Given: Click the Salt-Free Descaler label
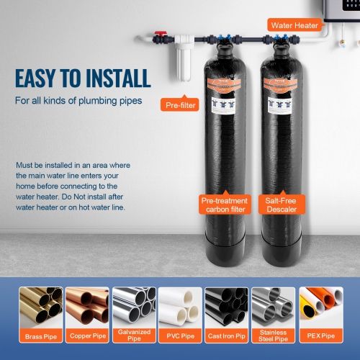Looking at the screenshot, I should (x=282, y=205).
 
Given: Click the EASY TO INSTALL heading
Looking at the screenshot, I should (x=83, y=77).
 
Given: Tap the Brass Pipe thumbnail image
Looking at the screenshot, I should (x=40, y=308).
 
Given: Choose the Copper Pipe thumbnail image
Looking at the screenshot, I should (x=86, y=308).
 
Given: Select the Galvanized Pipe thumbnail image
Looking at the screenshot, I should (x=133, y=308).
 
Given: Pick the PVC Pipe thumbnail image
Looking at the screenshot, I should (x=180, y=308).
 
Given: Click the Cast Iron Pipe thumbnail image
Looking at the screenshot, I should (x=227, y=308).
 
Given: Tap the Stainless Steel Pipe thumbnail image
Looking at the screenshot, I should (x=274, y=308).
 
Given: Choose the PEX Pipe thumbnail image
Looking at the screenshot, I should (x=320, y=308).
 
